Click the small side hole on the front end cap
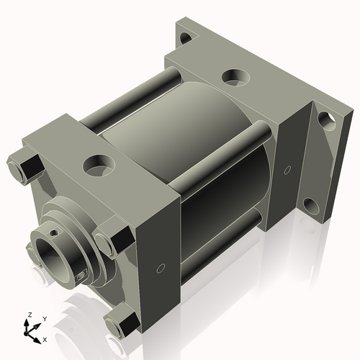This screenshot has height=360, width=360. coord(160,270)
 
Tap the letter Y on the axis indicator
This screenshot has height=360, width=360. coord(44,319)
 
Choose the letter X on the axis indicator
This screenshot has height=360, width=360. coord(45,338)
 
